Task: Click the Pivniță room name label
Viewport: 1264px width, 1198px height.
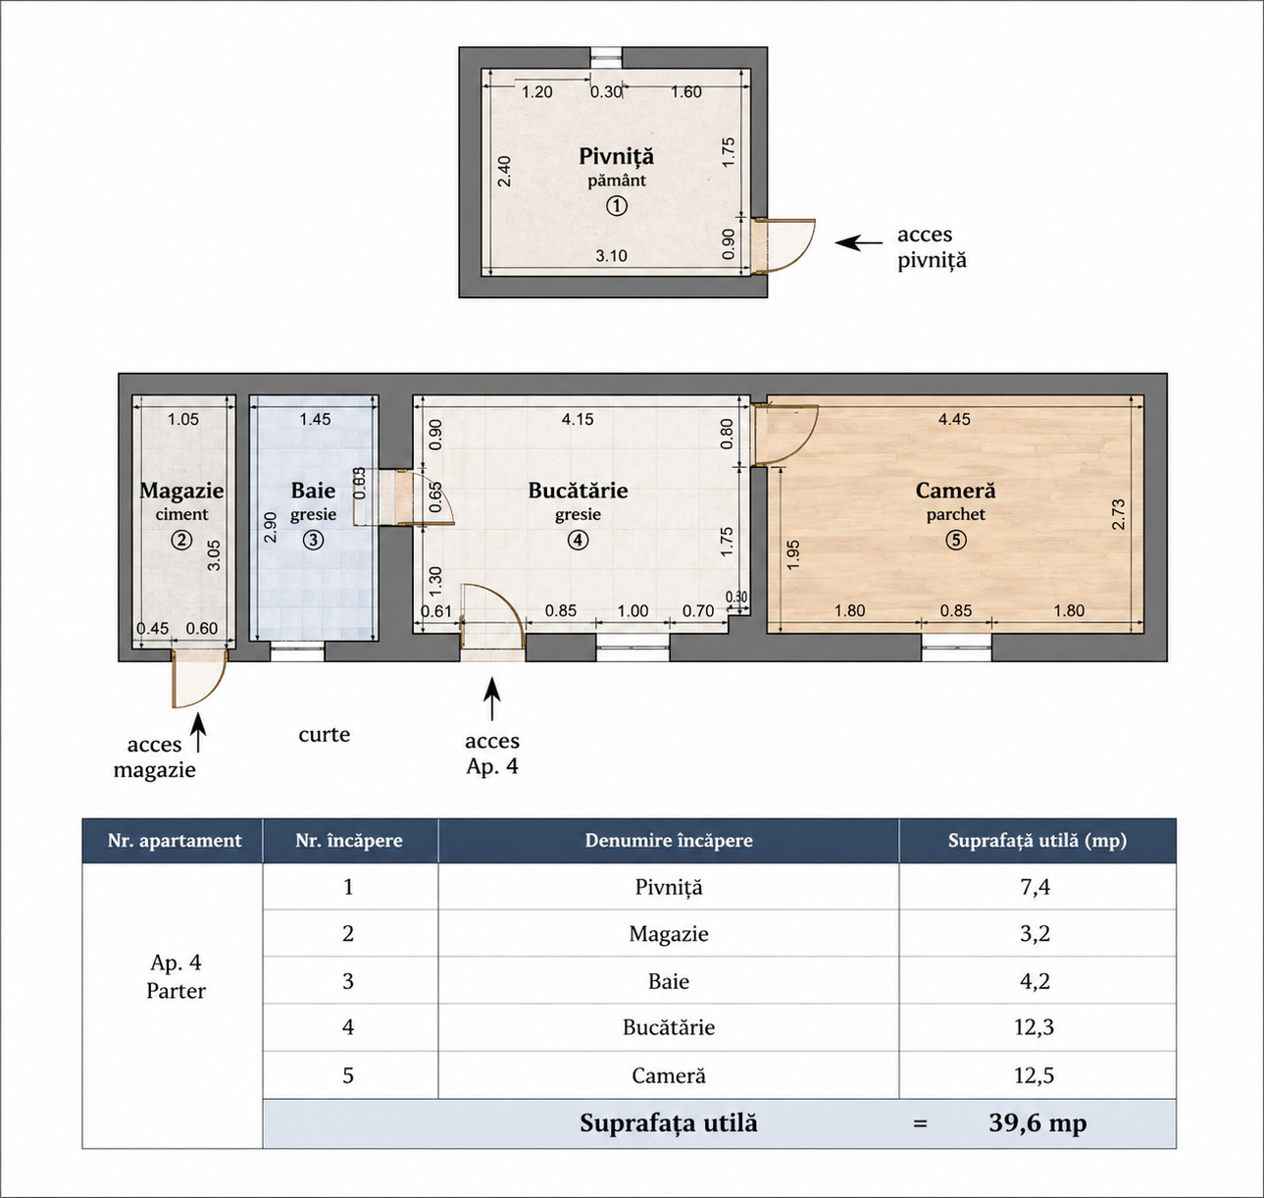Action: click(616, 156)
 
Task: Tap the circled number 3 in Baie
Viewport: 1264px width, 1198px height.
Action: click(313, 540)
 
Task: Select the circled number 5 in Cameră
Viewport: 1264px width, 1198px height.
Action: click(955, 540)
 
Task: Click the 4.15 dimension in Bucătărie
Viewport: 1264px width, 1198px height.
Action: click(578, 420)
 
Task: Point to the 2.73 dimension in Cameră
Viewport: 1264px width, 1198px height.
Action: click(1119, 515)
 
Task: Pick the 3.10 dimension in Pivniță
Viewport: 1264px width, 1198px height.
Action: click(611, 256)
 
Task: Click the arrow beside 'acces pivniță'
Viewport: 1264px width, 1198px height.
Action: click(859, 242)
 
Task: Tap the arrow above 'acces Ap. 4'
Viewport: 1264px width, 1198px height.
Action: click(492, 698)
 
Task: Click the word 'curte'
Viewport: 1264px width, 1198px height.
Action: click(324, 735)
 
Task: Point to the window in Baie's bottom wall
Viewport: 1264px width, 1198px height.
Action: click(297, 651)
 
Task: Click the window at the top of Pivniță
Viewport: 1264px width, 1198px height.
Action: click(606, 57)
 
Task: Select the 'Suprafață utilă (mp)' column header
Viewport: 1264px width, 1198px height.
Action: click(1037, 841)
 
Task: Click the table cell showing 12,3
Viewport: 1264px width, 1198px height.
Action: click(1034, 1027)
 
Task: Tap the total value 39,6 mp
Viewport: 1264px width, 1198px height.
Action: click(1037, 1123)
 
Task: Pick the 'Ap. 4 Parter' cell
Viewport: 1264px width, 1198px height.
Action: click(176, 976)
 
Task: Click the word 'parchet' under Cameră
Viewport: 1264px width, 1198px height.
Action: click(955, 515)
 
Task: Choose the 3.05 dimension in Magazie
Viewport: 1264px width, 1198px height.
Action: click(215, 555)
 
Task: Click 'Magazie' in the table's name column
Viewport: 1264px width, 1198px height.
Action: click(669, 934)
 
